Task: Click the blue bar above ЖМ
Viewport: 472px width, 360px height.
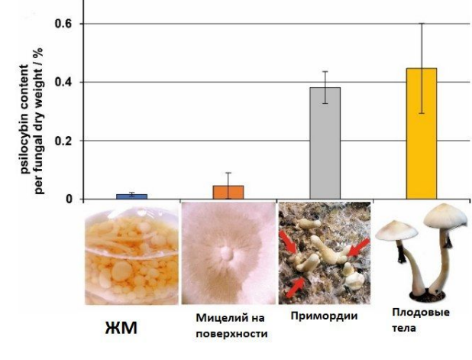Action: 132,196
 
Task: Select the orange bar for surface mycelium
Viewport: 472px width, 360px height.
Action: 228,192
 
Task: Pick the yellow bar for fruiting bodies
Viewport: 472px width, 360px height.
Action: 422,134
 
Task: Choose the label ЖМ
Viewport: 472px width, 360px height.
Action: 122,329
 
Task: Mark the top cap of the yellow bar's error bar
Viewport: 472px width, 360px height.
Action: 422,24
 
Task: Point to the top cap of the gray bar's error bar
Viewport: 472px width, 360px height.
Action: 325,71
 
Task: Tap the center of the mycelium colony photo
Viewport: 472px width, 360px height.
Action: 226,253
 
